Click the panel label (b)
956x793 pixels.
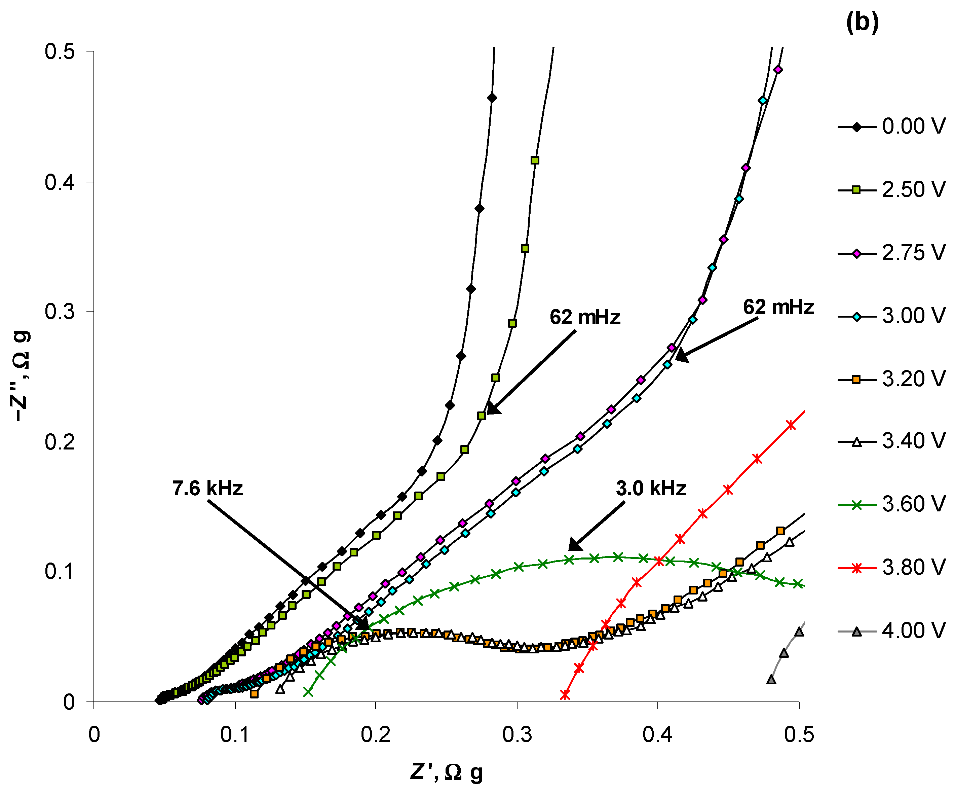point(862,22)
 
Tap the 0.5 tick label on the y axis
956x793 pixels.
point(60,51)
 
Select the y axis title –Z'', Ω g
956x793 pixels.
point(21,376)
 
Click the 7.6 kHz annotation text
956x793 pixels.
point(207,488)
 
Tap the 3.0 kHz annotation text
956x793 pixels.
point(651,488)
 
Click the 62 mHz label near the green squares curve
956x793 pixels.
point(585,317)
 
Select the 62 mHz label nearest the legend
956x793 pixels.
point(778,307)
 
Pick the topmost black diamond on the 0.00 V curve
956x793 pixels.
point(492,98)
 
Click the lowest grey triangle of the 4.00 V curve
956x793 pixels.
point(771,680)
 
